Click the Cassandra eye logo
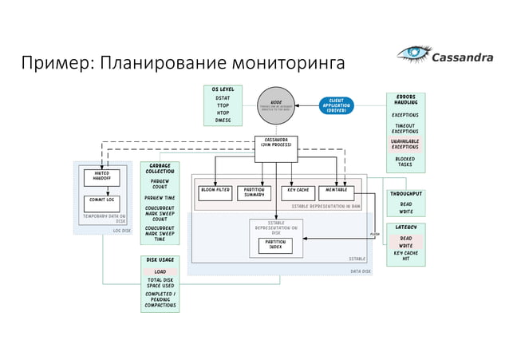coord(413,55)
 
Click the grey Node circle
coord(276,105)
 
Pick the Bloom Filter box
coord(215,192)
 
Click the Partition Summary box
coord(254,192)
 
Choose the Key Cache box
coord(298,192)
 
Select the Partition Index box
coord(275,244)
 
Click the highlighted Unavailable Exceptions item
coord(405,144)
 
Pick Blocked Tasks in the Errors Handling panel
coord(405,162)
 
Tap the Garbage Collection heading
coord(160,168)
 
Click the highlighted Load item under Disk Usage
coord(160,271)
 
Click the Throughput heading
coord(406,194)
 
